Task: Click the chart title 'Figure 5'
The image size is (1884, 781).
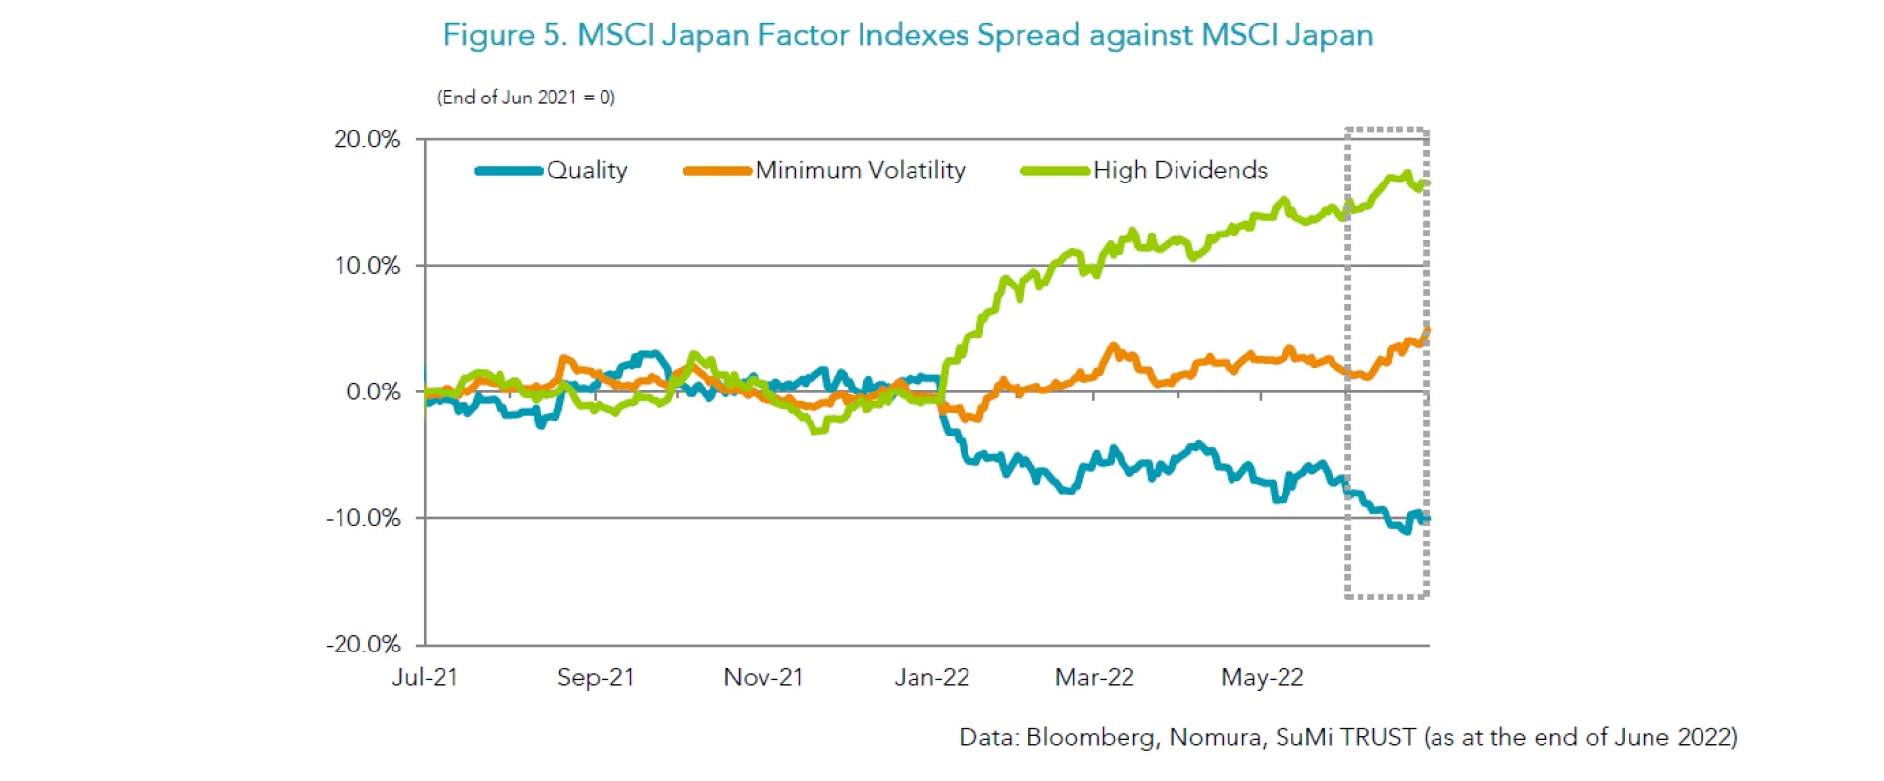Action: [907, 35]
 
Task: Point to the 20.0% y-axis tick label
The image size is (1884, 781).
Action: [367, 139]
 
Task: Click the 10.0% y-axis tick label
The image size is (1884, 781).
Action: [367, 266]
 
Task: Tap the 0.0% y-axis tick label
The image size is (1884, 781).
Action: [373, 391]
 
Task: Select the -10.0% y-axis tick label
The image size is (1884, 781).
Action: [363, 518]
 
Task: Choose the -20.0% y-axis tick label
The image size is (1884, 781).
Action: [363, 645]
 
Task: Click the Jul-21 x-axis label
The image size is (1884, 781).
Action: [425, 677]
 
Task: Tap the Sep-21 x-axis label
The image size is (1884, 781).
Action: [596, 677]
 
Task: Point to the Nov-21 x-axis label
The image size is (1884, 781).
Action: [763, 677]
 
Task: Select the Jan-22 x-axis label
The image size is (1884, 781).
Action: [931, 677]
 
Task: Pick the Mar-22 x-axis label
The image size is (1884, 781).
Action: [1094, 677]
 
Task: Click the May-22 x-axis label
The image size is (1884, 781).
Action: [1262, 677]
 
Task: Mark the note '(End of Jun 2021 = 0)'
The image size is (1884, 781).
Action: [526, 97]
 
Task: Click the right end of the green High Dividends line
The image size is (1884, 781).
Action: [1426, 182]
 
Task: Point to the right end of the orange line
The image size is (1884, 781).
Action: [1427, 330]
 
